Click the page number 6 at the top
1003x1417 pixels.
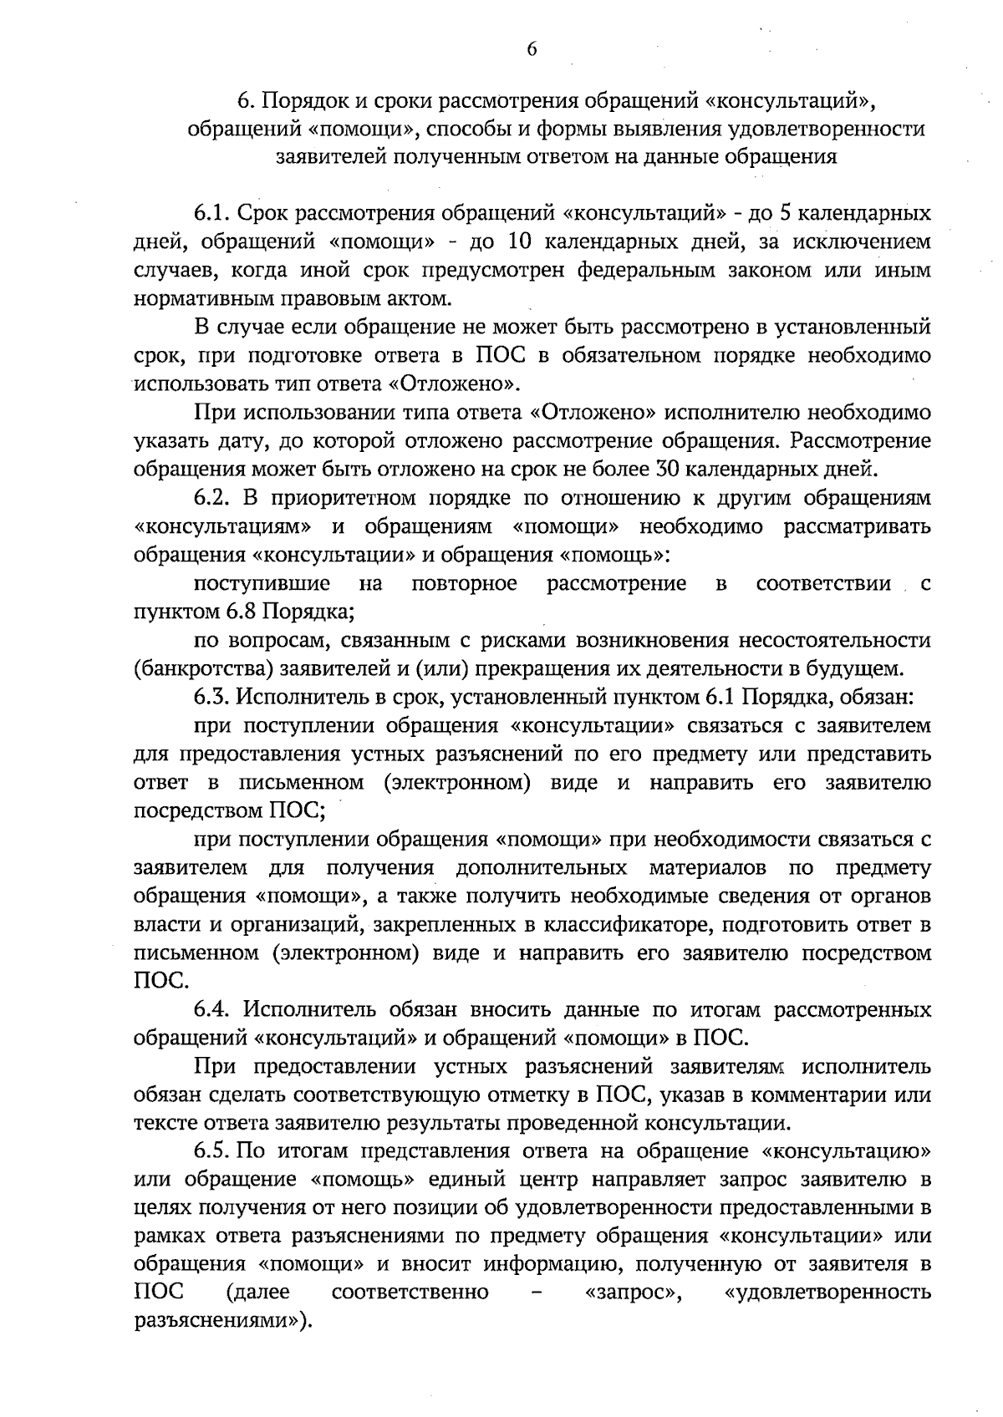click(531, 49)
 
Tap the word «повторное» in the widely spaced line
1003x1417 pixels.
click(465, 583)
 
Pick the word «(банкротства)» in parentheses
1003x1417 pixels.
click(184, 668)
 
